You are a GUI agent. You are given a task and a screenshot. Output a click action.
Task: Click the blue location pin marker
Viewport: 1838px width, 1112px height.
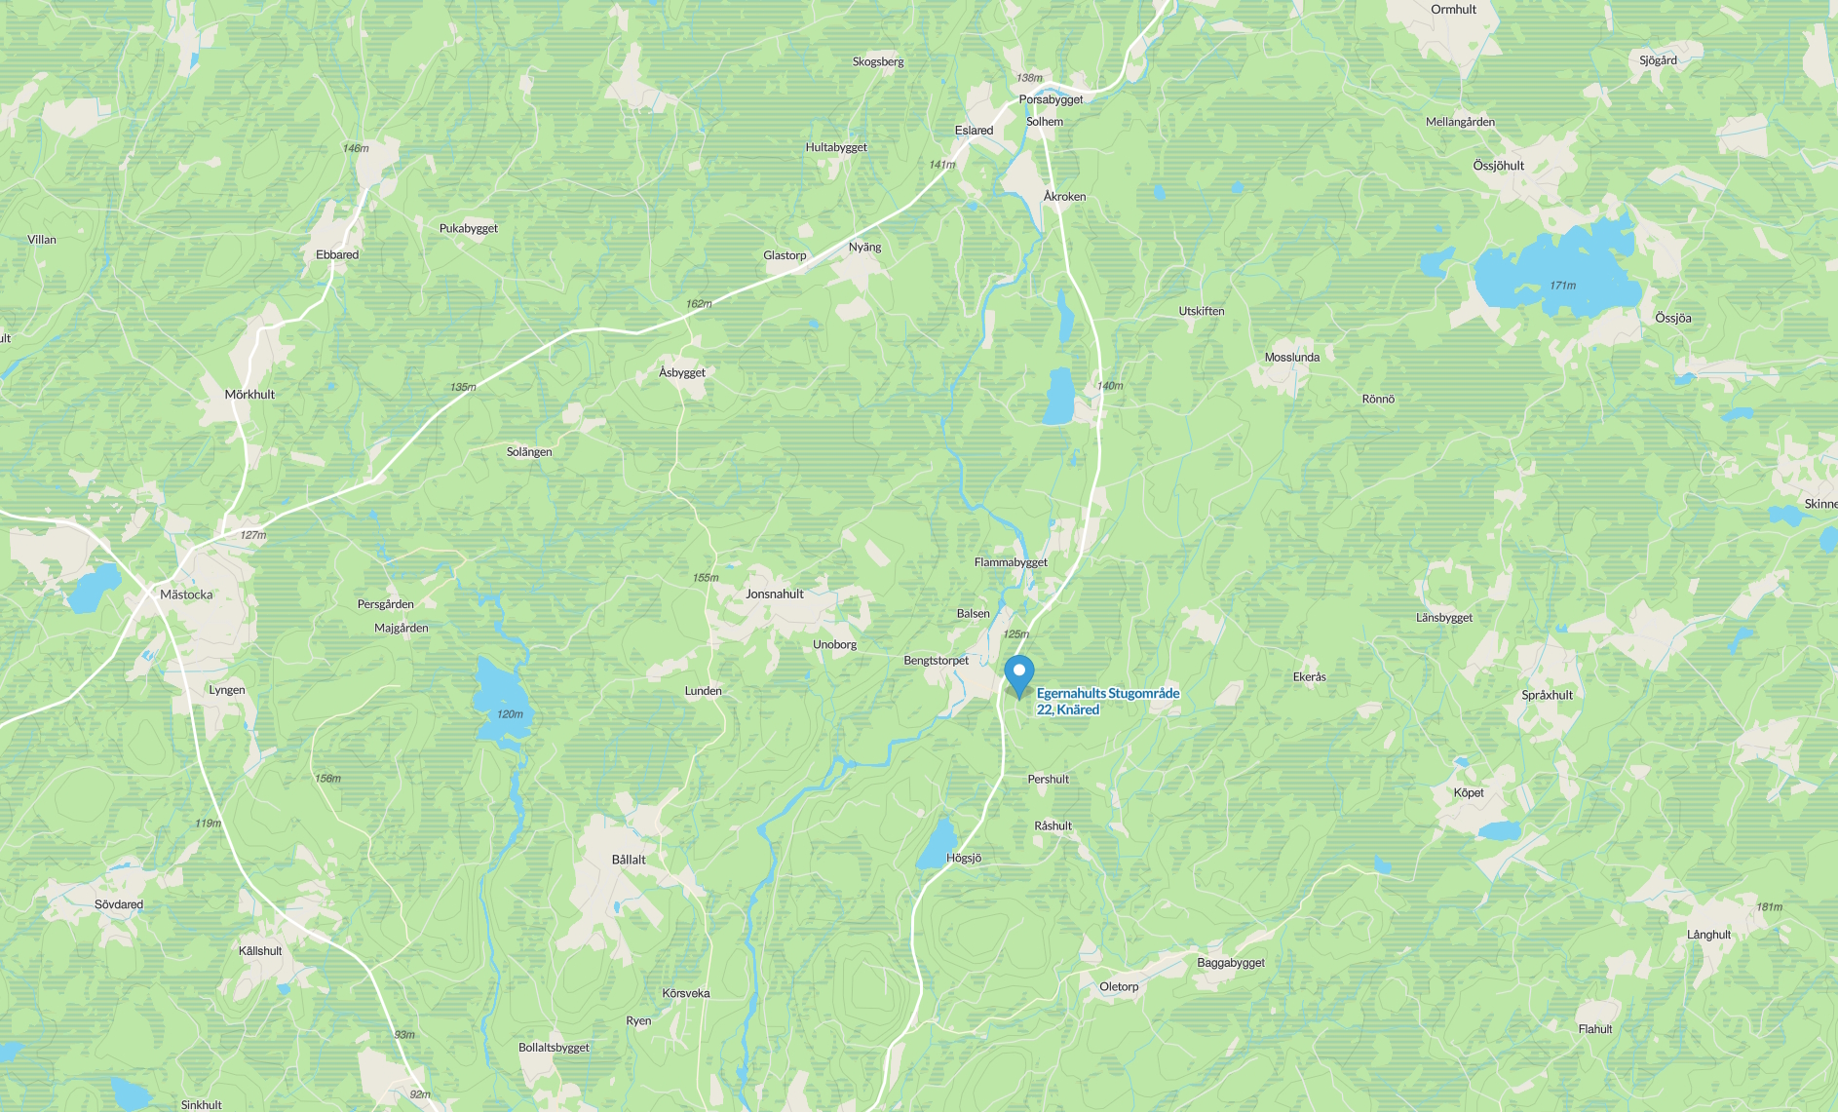click(x=1018, y=673)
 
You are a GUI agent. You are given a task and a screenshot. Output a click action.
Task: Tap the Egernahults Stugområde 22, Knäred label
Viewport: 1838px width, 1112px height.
click(x=1107, y=702)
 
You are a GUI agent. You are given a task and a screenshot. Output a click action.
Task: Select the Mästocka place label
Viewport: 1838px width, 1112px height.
click(x=186, y=594)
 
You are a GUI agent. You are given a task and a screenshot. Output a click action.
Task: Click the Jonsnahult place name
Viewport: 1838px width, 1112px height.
click(x=775, y=594)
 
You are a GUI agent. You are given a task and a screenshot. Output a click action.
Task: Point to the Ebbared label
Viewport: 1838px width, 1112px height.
click(x=337, y=255)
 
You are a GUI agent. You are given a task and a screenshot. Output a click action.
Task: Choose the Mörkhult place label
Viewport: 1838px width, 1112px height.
click(x=249, y=395)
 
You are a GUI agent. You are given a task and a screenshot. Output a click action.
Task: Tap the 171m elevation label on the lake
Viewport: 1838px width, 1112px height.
click(x=1562, y=286)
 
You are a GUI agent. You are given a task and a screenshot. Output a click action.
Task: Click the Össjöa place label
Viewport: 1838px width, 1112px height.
click(x=1672, y=319)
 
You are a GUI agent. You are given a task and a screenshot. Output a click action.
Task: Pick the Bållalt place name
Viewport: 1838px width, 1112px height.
click(x=629, y=860)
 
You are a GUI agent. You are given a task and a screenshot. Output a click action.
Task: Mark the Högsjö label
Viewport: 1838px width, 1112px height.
click(x=964, y=859)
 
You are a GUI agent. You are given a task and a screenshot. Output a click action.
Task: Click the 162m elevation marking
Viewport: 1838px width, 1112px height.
click(x=699, y=304)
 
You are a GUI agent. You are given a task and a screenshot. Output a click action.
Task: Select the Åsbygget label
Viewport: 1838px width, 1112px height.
click(x=682, y=373)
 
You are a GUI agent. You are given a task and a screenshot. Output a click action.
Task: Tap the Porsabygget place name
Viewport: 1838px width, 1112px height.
click(x=1051, y=99)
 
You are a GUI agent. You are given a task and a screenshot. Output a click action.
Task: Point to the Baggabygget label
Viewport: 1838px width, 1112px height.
click(x=1231, y=963)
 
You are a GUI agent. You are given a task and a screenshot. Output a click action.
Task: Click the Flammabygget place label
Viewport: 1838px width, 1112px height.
click(x=1011, y=562)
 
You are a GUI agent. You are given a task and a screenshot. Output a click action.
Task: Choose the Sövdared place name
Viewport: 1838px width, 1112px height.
click(x=119, y=904)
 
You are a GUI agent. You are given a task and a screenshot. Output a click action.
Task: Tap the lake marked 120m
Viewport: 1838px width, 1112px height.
click(x=498, y=697)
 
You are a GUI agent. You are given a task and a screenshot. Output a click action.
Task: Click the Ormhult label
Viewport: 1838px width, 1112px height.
click(x=1453, y=10)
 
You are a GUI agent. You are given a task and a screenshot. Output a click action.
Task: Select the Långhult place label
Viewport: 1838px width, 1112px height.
click(x=1708, y=935)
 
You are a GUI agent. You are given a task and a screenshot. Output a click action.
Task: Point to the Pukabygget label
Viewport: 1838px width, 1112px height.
click(x=468, y=229)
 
